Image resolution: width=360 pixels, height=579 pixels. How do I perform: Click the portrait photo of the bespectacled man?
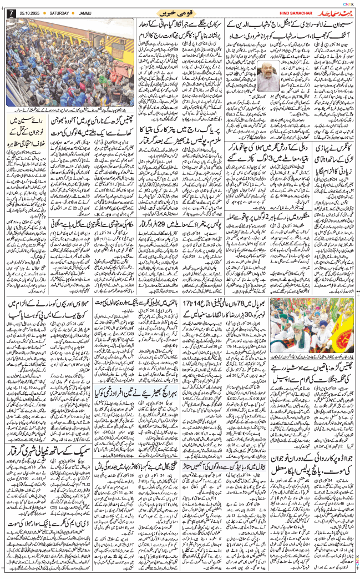[268, 74]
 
